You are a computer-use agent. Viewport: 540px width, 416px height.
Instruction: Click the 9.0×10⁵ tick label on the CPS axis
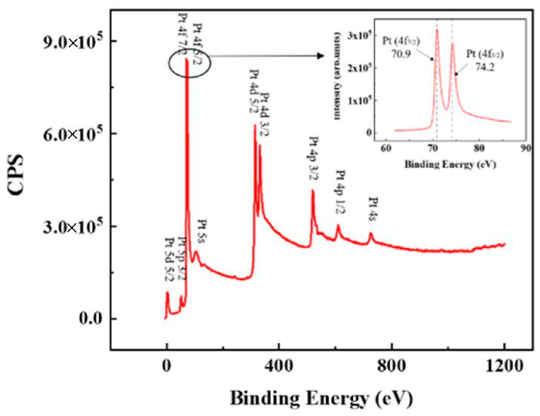click(73, 42)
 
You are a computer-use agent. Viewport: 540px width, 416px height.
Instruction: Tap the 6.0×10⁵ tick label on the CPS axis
click(73, 134)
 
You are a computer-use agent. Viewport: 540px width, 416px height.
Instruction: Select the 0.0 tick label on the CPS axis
click(91, 319)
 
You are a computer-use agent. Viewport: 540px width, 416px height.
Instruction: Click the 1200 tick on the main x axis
click(504, 366)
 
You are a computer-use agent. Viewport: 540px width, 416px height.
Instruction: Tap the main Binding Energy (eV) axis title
click(321, 398)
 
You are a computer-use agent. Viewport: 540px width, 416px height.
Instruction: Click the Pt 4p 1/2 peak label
click(340, 192)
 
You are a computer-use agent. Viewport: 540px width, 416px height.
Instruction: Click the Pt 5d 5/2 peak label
click(169, 259)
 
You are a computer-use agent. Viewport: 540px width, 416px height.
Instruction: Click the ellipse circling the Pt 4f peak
click(189, 63)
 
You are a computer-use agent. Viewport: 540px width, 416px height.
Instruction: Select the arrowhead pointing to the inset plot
click(321, 56)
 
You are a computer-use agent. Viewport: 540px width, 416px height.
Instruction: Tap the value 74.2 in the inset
click(485, 67)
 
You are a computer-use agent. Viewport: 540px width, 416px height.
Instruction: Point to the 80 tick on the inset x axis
click(479, 148)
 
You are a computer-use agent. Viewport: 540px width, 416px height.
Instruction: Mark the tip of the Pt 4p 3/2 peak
click(313, 190)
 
